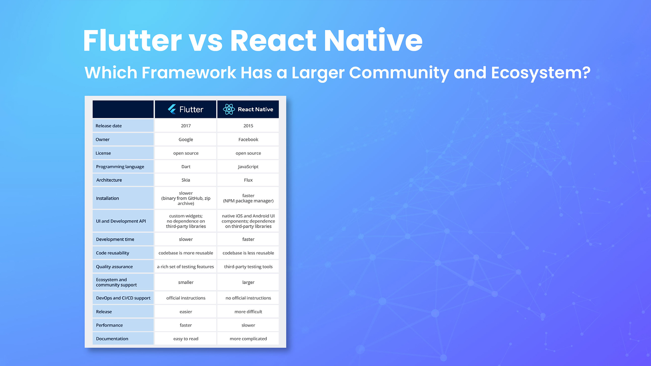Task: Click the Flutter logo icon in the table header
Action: coord(172,109)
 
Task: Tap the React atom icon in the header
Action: coord(229,109)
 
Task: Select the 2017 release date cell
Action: coord(186,126)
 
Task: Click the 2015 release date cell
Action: coord(248,126)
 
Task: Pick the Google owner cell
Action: coord(186,140)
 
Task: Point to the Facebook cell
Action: coord(248,140)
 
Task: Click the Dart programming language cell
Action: coord(186,167)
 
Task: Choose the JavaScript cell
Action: coord(248,167)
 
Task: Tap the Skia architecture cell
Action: coord(186,180)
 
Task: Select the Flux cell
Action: coord(248,180)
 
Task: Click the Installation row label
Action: coord(107,198)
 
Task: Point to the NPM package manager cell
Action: coord(248,198)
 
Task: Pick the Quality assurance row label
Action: coord(114,267)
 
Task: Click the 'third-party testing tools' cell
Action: coord(248,267)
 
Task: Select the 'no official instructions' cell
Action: coord(248,298)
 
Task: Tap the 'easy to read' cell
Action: coord(186,339)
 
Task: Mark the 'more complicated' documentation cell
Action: coord(248,339)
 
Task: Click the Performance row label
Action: coord(109,325)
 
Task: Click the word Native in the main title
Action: coord(373,41)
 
